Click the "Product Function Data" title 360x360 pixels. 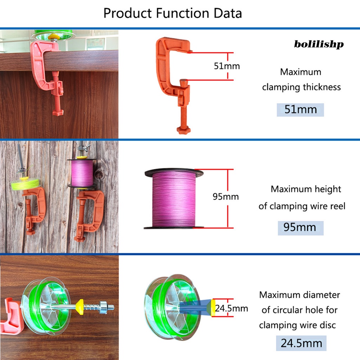pos(173,13)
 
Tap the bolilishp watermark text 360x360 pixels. pos(319,44)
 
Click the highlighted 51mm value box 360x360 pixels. pos(300,109)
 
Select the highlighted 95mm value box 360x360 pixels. pos(300,227)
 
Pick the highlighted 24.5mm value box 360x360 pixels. pos(301,343)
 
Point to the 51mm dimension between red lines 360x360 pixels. pos(227,66)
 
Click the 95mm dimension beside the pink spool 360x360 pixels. pos(225,197)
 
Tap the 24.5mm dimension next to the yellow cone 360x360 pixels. pos(231,309)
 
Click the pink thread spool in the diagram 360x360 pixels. pos(174,199)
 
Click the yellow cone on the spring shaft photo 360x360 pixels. pos(80,306)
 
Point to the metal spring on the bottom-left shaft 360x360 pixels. pos(91,306)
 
